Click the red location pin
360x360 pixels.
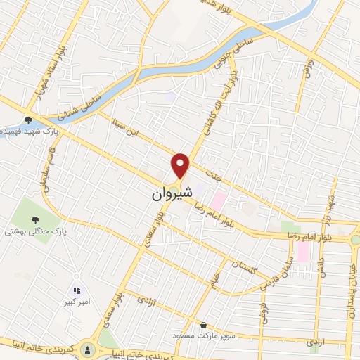point(181,165)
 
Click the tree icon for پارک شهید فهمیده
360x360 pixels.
point(27,120)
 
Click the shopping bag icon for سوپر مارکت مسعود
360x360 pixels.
point(203,326)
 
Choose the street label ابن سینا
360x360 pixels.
point(124,130)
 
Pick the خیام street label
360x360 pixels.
point(214,282)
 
